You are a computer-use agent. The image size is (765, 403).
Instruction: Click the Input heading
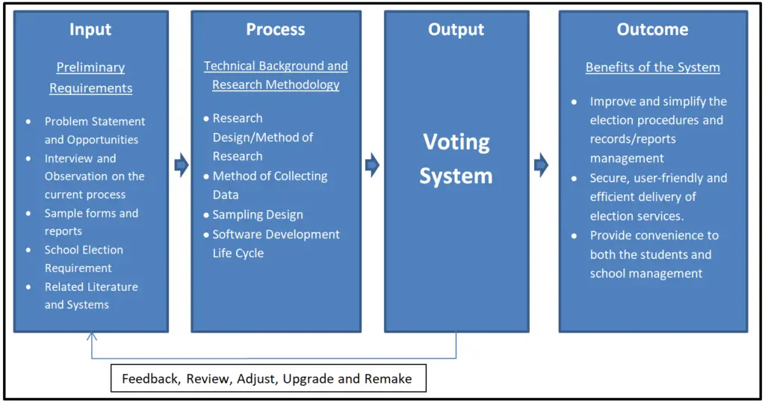click(90, 29)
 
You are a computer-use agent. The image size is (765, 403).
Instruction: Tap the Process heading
click(276, 29)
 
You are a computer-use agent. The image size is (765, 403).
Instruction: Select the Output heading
click(456, 29)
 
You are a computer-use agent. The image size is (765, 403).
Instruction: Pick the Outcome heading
click(652, 29)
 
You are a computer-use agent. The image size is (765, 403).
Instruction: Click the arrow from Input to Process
click(181, 165)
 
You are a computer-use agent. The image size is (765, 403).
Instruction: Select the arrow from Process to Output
click(372, 165)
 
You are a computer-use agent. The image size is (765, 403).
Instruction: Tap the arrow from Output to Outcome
click(542, 165)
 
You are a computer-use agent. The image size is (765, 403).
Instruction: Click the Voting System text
click(456, 159)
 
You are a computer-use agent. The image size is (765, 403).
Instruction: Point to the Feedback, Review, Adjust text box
click(267, 378)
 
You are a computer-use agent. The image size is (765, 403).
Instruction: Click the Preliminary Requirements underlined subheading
click(90, 78)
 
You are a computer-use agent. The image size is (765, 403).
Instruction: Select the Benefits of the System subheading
click(652, 67)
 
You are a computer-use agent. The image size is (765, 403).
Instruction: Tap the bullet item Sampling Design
click(258, 215)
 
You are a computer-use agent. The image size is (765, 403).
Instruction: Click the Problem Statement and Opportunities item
click(94, 130)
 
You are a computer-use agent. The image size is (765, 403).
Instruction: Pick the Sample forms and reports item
click(91, 222)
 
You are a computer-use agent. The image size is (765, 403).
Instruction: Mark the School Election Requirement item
click(84, 259)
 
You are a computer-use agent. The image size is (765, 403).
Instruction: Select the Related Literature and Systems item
click(91, 295)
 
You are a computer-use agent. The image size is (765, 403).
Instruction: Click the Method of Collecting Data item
click(270, 185)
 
